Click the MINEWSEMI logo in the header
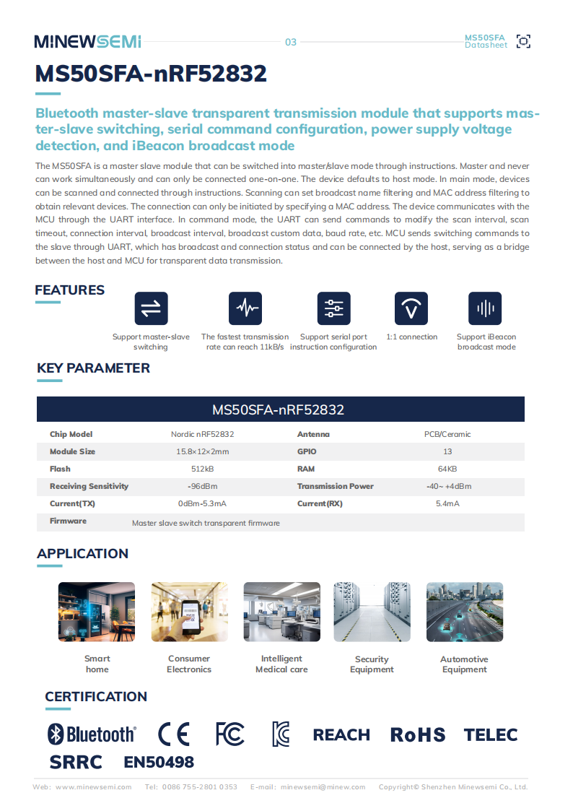[87, 42]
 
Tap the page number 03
[291, 42]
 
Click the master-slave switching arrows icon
[151, 308]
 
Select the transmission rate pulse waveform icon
[245, 308]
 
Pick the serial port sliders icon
[333, 308]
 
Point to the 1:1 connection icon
[411, 308]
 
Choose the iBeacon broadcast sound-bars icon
[485, 308]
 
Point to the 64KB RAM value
[448, 469]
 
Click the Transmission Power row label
[336, 486]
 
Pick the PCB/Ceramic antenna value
[448, 434]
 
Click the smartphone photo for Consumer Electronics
[189, 612]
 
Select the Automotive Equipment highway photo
[464, 612]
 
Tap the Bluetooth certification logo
[92, 734]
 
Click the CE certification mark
[174, 734]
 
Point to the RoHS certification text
[418, 735]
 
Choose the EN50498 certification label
[159, 762]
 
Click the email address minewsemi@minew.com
[323, 786]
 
